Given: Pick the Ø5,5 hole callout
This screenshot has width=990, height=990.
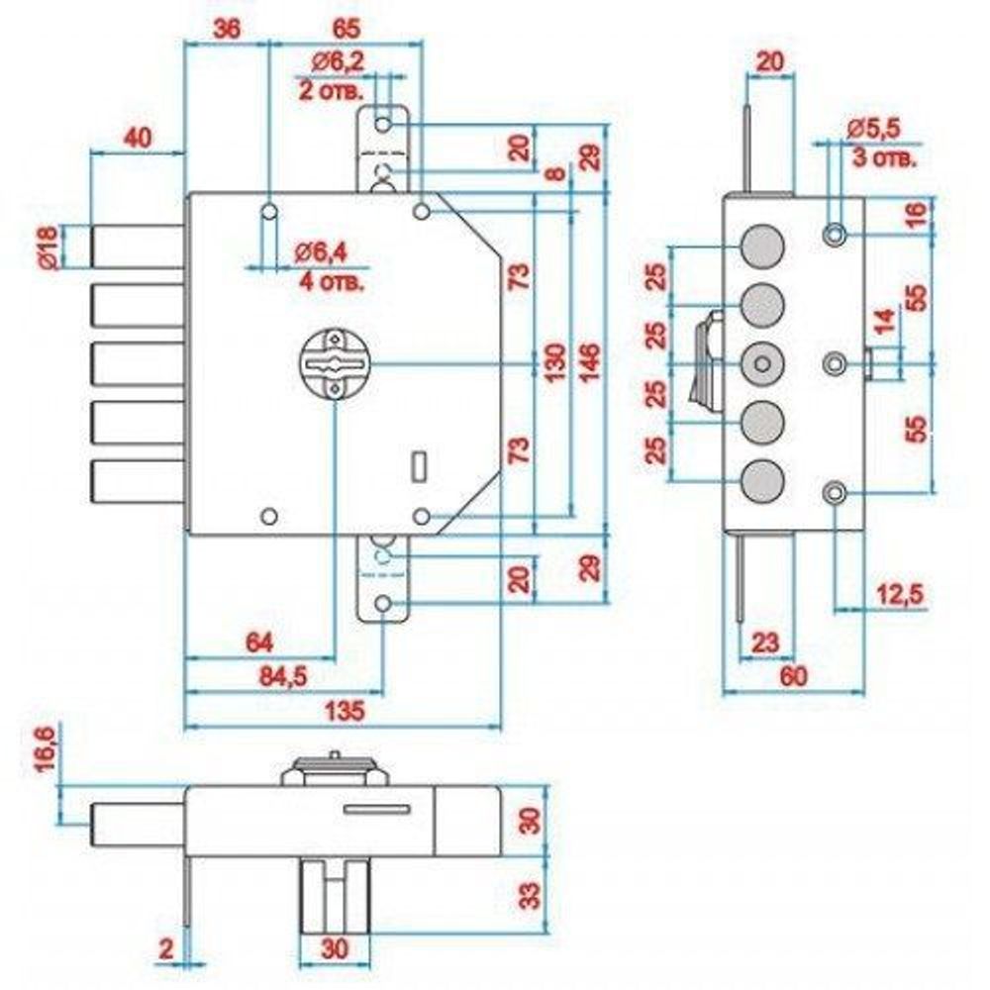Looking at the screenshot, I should click(875, 129).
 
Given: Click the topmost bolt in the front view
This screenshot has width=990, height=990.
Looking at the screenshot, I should click(137, 246).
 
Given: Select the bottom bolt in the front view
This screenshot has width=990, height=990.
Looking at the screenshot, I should click(137, 481).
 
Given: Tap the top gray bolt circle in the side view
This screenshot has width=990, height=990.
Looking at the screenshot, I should click(760, 244).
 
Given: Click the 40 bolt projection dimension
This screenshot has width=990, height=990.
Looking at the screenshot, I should click(138, 139).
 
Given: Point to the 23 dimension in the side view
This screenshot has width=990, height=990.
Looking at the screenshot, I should click(765, 643).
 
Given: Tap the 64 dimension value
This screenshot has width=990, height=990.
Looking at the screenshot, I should click(259, 643).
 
